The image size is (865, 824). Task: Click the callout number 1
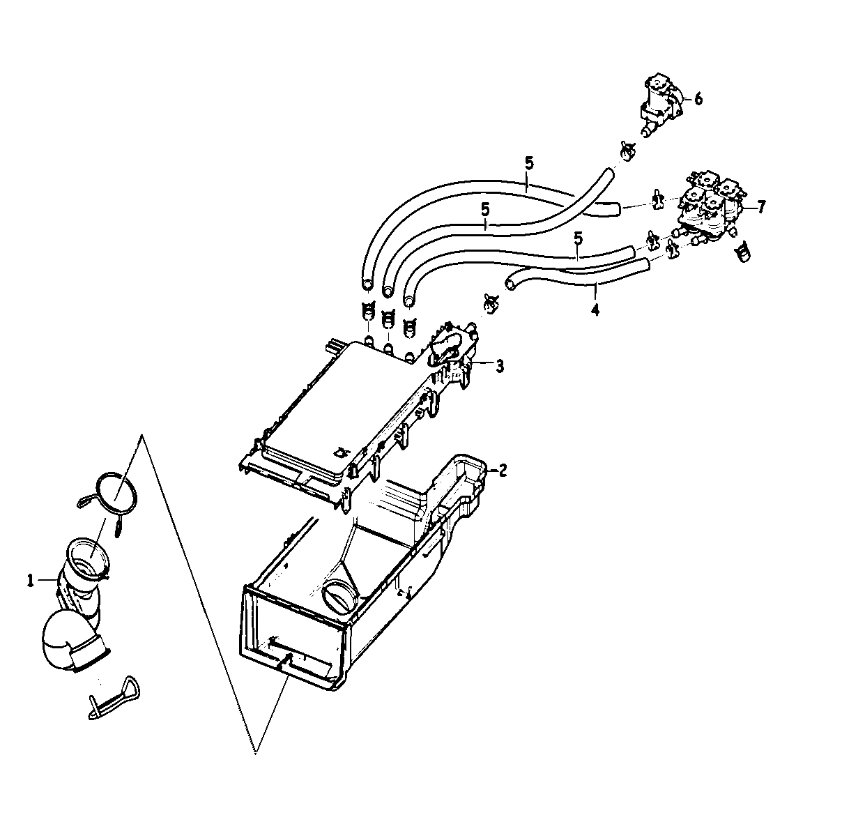pyautogui.click(x=31, y=580)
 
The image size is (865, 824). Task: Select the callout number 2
pyautogui.click(x=503, y=470)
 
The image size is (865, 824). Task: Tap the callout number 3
pyautogui.click(x=500, y=365)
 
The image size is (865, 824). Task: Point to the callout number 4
pyautogui.click(x=595, y=309)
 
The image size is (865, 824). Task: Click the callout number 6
pyautogui.click(x=698, y=99)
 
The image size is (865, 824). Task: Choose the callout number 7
pyautogui.click(x=761, y=206)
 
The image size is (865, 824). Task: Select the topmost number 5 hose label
pyautogui.click(x=529, y=165)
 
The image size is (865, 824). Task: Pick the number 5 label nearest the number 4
pyautogui.click(x=578, y=239)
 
